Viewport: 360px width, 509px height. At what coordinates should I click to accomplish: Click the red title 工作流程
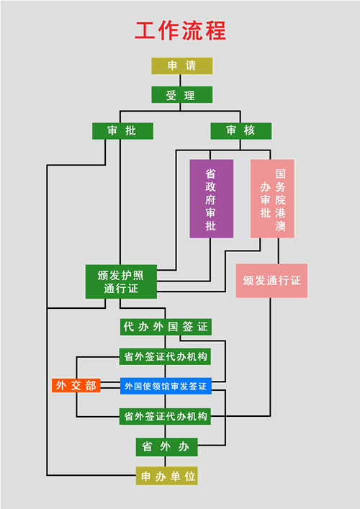180,31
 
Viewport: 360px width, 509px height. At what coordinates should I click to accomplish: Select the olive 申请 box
181,66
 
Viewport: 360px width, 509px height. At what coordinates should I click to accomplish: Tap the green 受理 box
181,95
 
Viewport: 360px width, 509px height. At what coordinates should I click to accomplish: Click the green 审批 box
122,131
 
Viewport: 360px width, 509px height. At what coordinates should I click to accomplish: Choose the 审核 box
241,131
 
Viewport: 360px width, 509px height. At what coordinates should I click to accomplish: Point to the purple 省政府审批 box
212,199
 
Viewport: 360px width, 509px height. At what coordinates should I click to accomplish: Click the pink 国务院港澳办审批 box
272,199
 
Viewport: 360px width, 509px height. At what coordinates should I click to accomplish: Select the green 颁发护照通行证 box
121,281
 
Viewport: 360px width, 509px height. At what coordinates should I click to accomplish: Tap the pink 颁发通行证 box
271,281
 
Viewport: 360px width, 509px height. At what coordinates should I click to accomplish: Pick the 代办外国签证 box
166,327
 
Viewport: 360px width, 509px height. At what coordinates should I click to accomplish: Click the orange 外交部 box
76,385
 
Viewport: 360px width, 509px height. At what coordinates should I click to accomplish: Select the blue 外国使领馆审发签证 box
166,386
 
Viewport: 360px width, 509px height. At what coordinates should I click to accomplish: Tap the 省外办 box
167,447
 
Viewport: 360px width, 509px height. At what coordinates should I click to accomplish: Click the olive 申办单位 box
167,476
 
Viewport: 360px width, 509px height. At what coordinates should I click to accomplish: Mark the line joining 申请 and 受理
181,80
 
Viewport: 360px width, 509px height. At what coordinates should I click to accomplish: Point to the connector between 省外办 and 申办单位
165,461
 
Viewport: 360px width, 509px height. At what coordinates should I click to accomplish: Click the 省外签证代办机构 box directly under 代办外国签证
165,356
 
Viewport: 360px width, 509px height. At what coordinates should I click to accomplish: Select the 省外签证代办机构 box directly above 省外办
165,416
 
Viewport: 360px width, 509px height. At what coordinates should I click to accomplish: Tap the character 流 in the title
192,31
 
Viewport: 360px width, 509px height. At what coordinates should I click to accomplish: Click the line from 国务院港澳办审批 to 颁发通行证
278,251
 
